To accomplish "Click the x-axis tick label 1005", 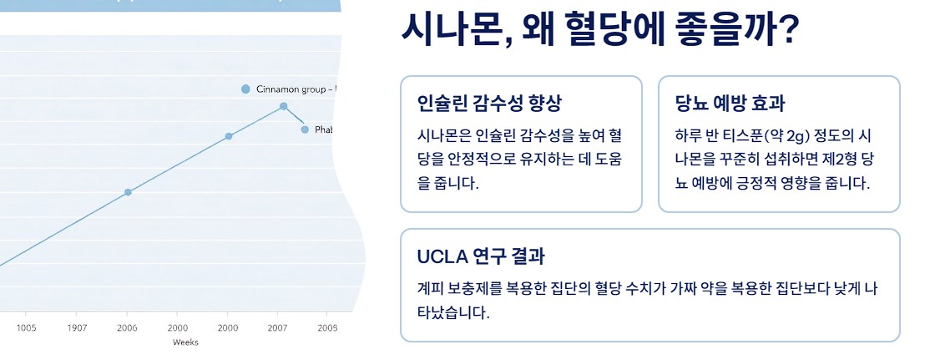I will point(27,327).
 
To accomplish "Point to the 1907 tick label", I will point(77,327).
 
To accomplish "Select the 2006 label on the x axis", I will point(127,327).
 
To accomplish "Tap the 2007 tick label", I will point(277,327).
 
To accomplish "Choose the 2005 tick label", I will point(327,327).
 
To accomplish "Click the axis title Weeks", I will point(184,342).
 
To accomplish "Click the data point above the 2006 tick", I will point(128,192).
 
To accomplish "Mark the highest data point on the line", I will point(284,106).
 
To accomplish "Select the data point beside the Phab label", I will point(305,129).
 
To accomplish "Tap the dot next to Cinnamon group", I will point(245,89).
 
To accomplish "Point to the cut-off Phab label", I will point(324,129).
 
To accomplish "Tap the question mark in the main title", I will point(786,32).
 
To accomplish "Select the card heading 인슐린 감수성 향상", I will point(489,104).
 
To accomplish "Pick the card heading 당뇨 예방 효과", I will point(730,104).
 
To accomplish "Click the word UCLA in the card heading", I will point(441,256).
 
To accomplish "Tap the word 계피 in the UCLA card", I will point(431,288).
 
